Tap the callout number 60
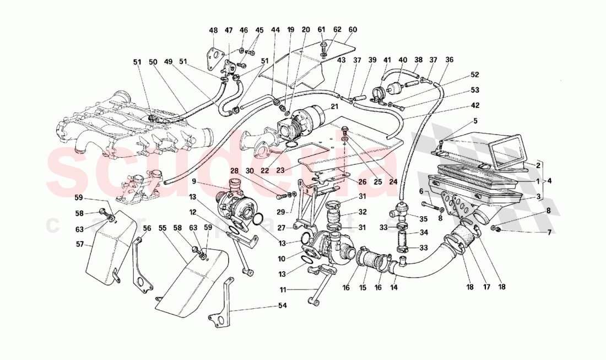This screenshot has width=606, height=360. coord(353,30)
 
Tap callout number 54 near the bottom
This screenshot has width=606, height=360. coord(267,305)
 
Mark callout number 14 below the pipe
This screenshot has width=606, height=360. coord(393,288)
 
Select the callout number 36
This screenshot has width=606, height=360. coord(449,61)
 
